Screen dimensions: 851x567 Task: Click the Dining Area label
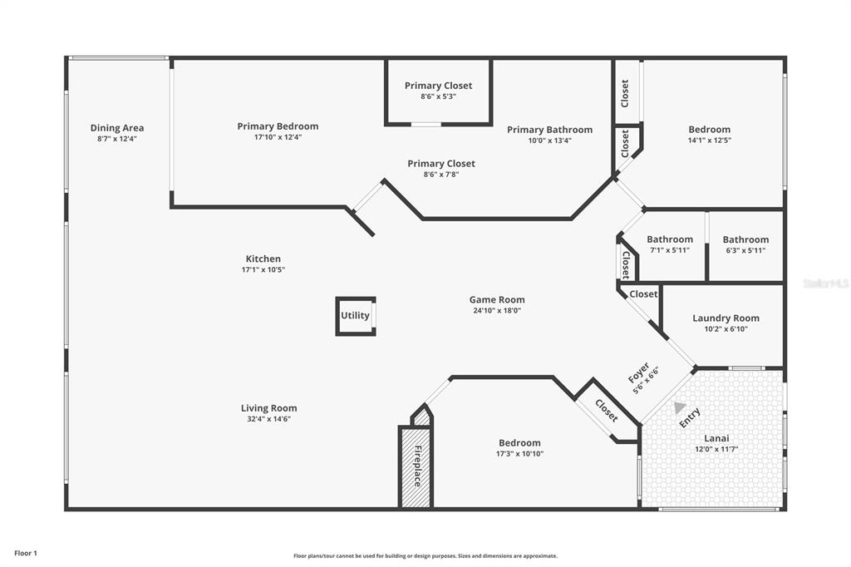pos(117,128)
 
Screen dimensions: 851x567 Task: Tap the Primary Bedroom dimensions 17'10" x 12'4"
pos(278,137)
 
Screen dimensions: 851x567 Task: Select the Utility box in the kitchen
pos(356,316)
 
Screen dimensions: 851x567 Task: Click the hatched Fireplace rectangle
pos(416,466)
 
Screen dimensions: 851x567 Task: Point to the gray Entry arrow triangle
pos(679,407)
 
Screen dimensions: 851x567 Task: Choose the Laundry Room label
pos(726,318)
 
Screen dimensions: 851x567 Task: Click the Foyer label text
pos(639,372)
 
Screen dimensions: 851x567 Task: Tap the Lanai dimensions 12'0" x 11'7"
pos(716,449)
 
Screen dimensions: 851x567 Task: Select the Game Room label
pos(497,300)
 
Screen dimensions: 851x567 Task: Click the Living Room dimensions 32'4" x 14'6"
pos(269,419)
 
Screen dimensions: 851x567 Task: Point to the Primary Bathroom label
pos(550,130)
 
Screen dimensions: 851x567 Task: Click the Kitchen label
pos(263,259)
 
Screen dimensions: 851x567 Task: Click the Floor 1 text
pos(26,554)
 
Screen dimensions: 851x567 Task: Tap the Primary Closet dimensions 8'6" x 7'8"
pos(441,175)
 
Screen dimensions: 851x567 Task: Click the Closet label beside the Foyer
pos(606,411)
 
